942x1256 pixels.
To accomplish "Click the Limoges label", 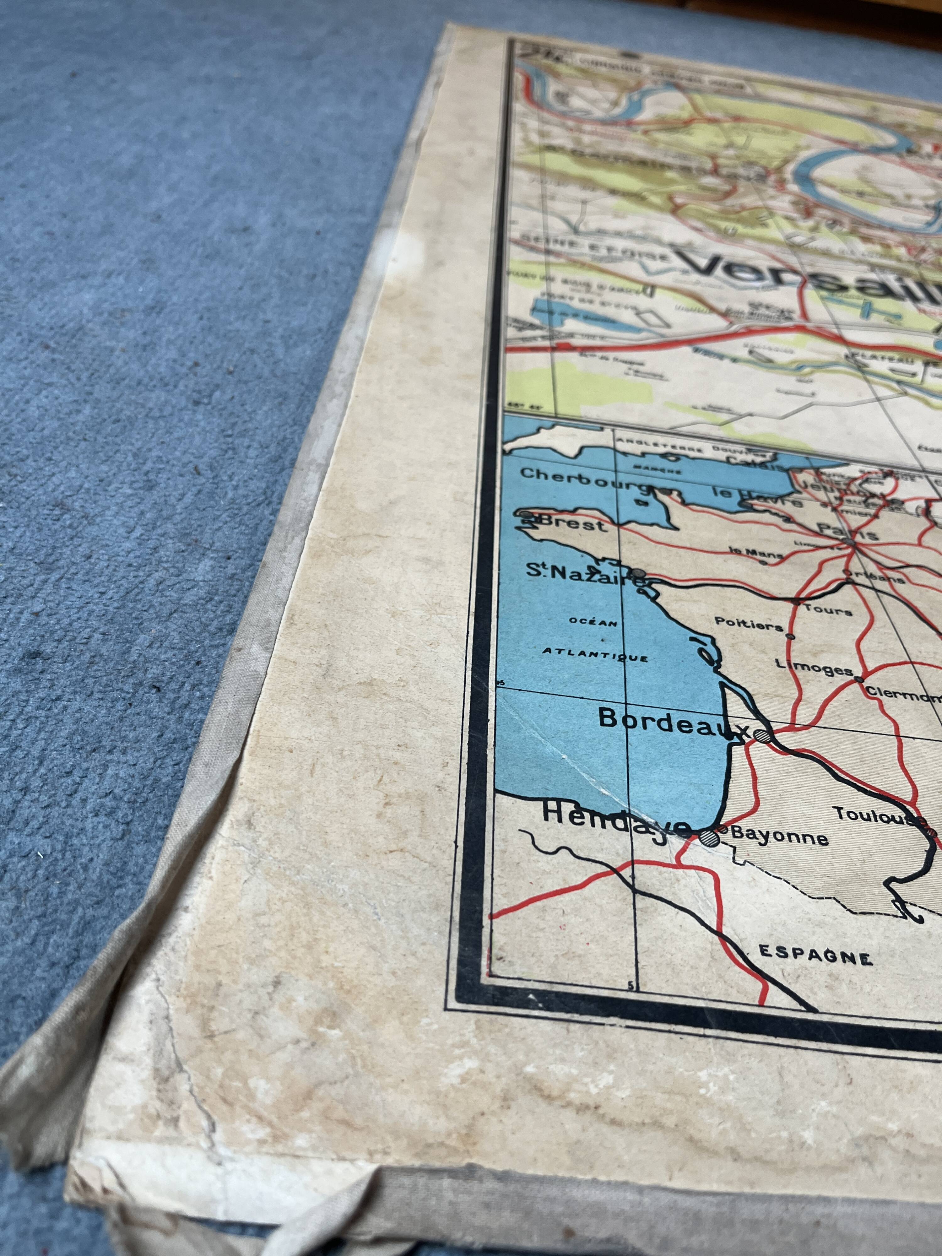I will [x=814, y=668].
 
